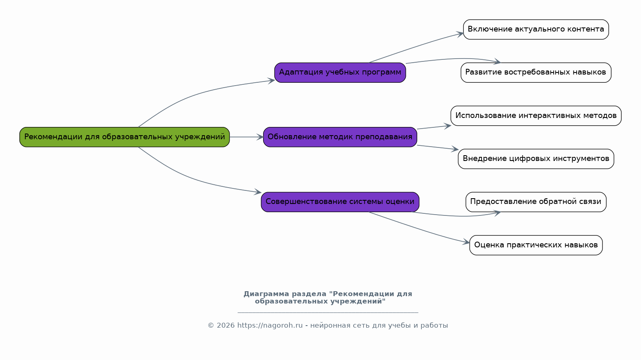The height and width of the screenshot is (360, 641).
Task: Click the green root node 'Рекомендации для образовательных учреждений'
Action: (x=125, y=137)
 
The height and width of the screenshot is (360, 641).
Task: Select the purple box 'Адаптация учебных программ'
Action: (x=340, y=72)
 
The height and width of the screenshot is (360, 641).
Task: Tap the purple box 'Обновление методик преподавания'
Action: (x=340, y=137)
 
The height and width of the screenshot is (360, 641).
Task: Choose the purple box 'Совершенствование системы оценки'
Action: (x=340, y=202)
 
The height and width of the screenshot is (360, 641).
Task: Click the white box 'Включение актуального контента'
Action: (x=536, y=29)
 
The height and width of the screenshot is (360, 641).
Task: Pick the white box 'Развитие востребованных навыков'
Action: (x=536, y=72)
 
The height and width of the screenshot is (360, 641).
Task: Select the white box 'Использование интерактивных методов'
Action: (x=536, y=116)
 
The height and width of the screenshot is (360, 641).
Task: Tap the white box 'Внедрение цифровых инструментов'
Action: (x=536, y=159)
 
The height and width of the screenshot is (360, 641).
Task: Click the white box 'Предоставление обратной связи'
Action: (x=536, y=202)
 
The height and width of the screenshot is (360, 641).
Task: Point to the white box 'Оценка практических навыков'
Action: (x=536, y=245)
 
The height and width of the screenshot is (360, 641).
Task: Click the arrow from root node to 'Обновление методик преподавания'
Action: (x=246, y=137)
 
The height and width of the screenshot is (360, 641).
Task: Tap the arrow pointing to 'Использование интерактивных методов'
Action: (x=434, y=127)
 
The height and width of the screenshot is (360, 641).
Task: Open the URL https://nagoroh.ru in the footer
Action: (x=270, y=326)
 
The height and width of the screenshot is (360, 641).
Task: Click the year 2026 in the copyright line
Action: (x=226, y=326)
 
